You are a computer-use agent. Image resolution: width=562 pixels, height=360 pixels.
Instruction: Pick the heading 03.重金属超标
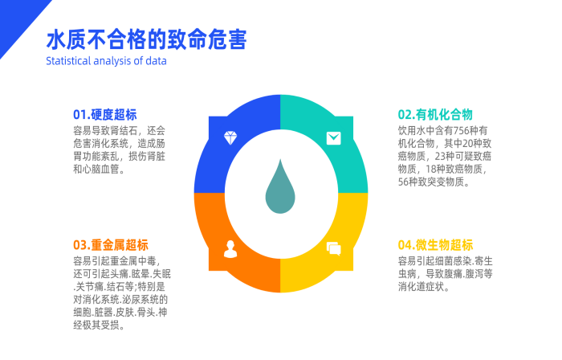pyautogui.click(x=110, y=244)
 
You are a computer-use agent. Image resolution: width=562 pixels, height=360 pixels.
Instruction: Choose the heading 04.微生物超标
pyautogui.click(x=435, y=244)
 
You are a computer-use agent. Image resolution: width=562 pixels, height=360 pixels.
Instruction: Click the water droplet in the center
pyautogui.click(x=279, y=190)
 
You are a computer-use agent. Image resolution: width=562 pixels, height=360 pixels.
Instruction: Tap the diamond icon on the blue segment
pyautogui.click(x=230, y=137)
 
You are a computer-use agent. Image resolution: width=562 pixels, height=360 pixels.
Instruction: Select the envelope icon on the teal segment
pyautogui.click(x=333, y=137)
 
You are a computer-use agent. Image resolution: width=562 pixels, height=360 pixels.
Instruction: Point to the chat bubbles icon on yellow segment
pyautogui.click(x=333, y=247)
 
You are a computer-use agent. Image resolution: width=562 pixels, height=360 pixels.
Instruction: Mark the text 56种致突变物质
pyautogui.click(x=434, y=182)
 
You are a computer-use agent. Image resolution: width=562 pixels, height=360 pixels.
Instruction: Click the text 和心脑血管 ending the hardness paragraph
pyautogui.click(x=96, y=170)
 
